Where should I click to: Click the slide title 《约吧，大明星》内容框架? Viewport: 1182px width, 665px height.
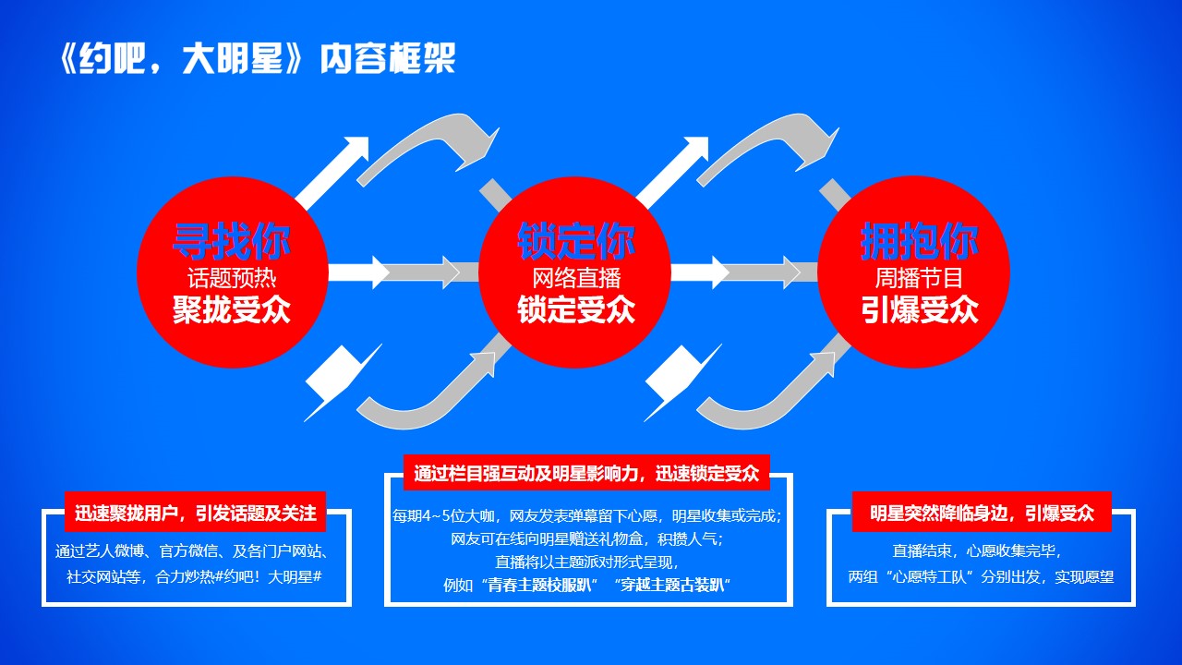pyautogui.click(x=257, y=58)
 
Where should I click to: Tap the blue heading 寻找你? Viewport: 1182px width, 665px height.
pyautogui.click(x=232, y=241)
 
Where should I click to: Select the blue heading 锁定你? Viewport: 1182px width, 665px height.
pyautogui.click(x=575, y=241)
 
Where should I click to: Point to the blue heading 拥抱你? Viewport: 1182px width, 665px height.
pyautogui.click(x=919, y=241)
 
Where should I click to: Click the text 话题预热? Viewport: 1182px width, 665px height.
pyautogui.click(x=232, y=278)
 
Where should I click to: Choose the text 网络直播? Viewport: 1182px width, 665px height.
pyautogui.click(x=575, y=278)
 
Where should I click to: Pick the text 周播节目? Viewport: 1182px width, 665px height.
pyautogui.click(x=919, y=278)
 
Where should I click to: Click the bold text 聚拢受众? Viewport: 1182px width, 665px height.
pyautogui.click(x=232, y=309)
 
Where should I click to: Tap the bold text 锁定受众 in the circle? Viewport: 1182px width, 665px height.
pyautogui.click(x=575, y=309)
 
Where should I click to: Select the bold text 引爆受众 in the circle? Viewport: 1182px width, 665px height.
pyautogui.click(x=919, y=309)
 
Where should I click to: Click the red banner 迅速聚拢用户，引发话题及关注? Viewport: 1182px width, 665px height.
pyautogui.click(x=195, y=513)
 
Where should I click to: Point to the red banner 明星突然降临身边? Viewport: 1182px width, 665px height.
pyautogui.click(x=982, y=513)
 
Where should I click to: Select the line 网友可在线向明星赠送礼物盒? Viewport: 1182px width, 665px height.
pyautogui.click(x=586, y=538)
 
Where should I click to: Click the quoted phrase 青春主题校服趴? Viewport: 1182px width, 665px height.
pyautogui.click(x=538, y=586)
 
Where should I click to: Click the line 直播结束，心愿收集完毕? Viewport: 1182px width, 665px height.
pyautogui.click(x=977, y=551)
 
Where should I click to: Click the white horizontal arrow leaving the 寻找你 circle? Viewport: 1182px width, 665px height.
pyautogui.click(x=359, y=272)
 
